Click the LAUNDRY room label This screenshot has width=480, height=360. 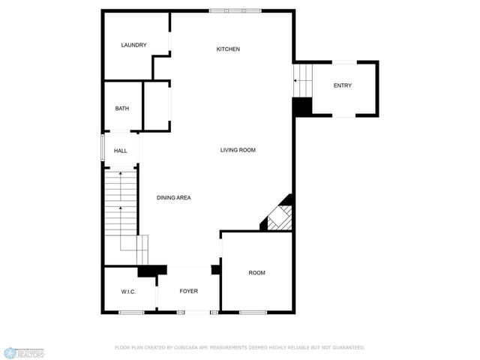133,45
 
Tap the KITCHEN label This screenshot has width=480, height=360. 228,49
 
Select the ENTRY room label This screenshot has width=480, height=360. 342,85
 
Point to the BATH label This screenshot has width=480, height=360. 121,109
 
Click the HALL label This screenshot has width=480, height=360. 120,151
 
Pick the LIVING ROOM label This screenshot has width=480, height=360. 238,150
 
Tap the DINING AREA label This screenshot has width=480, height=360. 173,198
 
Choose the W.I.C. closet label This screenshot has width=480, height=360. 127,291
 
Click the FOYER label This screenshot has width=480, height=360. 188,291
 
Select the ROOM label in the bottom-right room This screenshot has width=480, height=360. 256,273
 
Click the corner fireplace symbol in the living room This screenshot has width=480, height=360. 277,216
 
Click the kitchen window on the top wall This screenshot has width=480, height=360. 235,10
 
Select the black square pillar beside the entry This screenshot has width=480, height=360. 301,107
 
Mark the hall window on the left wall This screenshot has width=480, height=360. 103,147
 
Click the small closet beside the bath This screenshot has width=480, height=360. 157,106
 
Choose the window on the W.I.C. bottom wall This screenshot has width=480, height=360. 131,312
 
